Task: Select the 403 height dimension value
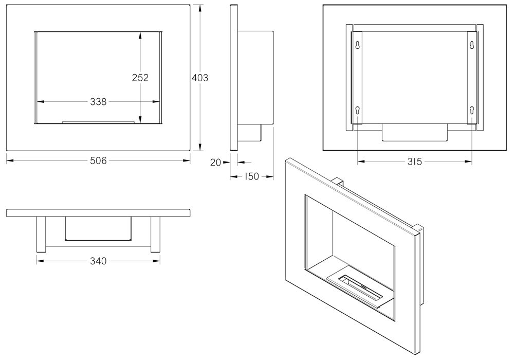click(199, 78)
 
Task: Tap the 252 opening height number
click(140, 78)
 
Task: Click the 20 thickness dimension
click(215, 163)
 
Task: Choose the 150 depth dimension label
click(251, 177)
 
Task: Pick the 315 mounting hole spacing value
click(414, 162)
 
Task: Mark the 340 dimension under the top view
click(98, 261)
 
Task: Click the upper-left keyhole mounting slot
click(357, 45)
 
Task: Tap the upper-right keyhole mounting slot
click(471, 45)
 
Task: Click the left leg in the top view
click(41, 234)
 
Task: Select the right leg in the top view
click(155, 234)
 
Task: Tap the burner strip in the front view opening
click(99, 122)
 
